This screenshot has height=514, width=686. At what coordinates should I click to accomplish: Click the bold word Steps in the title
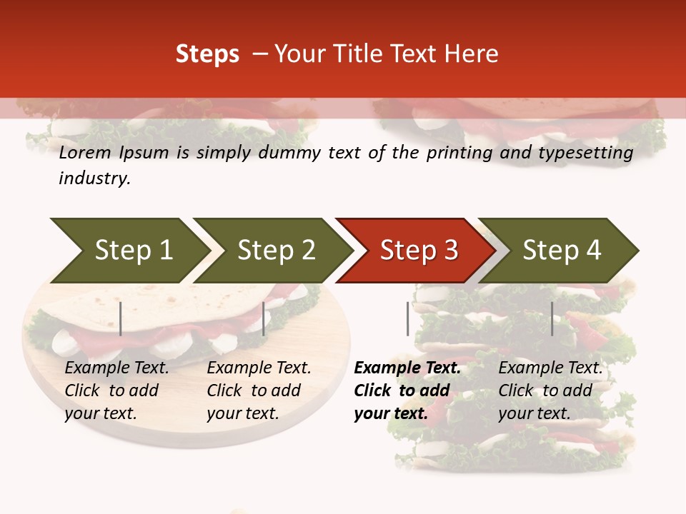tap(207, 54)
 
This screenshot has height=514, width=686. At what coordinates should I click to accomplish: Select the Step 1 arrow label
tap(134, 250)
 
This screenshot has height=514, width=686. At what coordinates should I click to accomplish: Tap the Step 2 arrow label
tap(277, 250)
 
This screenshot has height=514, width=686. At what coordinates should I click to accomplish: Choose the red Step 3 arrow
tap(419, 250)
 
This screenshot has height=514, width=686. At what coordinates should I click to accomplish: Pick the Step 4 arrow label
tap(562, 250)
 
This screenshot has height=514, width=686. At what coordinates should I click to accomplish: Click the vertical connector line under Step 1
tap(121, 318)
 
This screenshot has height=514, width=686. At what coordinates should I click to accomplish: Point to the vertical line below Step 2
tap(264, 318)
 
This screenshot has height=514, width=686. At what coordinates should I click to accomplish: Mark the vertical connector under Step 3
tap(408, 318)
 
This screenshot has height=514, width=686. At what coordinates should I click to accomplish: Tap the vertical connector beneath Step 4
tap(552, 318)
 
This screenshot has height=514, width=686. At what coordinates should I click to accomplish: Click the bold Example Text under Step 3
tap(407, 368)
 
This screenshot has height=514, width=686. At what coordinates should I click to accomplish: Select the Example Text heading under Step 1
tap(116, 368)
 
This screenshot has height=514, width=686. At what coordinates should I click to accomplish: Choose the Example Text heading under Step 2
tap(259, 368)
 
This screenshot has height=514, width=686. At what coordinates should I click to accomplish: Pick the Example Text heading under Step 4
tap(550, 368)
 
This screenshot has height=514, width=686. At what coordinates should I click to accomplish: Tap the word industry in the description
tap(94, 178)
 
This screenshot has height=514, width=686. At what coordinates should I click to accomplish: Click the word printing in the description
tap(454, 153)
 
